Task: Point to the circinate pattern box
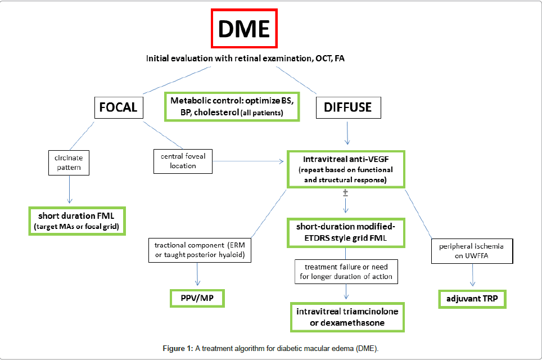point(69,163)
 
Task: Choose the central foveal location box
point(183,161)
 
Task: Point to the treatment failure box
point(346,271)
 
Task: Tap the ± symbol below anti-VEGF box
point(346,192)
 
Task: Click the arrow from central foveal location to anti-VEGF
point(247,162)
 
